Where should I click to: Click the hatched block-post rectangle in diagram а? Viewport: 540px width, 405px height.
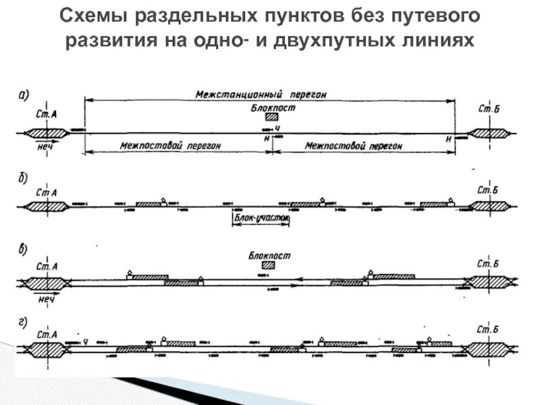click(x=272, y=117)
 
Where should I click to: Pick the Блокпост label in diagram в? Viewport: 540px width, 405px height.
click(x=269, y=256)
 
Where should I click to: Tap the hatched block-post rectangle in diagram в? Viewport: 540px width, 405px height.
click(x=269, y=265)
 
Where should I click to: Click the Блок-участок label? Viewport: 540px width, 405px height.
click(x=262, y=219)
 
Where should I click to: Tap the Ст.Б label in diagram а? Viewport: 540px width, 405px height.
click(x=488, y=109)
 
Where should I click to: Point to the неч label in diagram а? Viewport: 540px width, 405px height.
click(x=46, y=146)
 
